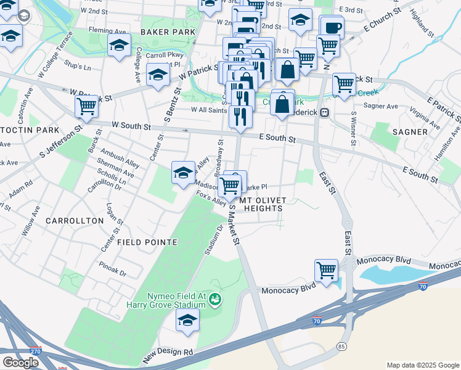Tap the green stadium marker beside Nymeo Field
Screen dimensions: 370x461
tap(215, 300)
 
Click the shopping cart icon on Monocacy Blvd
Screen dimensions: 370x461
tap(326, 270)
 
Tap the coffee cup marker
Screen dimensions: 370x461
tap(332, 27)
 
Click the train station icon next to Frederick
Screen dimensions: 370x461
tap(324, 113)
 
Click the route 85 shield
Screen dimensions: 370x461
tap(341, 347)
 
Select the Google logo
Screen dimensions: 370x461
tap(20, 362)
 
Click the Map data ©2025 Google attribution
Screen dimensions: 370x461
tap(423, 365)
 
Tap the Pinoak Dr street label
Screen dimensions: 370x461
tap(113, 269)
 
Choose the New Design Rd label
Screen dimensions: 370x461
tap(168, 355)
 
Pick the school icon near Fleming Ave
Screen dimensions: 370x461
tap(119, 44)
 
